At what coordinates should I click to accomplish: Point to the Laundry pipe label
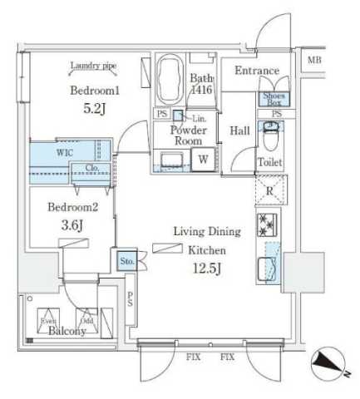point(93,66)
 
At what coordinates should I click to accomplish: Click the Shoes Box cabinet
point(273,98)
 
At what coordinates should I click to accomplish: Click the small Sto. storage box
point(126,262)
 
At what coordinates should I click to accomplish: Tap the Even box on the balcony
point(47,320)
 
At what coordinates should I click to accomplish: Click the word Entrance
point(256,71)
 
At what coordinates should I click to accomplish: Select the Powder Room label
point(188,135)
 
